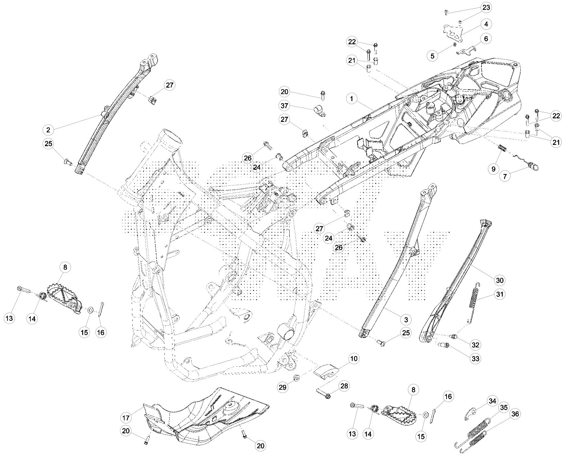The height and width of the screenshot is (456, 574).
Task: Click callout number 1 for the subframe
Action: [x=352, y=99]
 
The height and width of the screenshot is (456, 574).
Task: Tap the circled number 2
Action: [x=48, y=130]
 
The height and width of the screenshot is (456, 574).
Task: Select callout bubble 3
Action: [x=406, y=320]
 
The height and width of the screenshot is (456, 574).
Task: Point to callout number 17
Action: [x=126, y=418]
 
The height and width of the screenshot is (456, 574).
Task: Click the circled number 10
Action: [x=354, y=359]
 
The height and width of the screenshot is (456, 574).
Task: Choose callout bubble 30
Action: [x=500, y=280]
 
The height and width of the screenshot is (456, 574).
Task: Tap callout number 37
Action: [x=284, y=106]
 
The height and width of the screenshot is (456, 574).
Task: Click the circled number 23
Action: [x=486, y=7]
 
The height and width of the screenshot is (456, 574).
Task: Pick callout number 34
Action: [x=492, y=401]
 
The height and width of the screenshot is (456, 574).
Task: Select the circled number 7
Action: [x=505, y=176]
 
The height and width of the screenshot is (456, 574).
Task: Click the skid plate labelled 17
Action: [x=207, y=417]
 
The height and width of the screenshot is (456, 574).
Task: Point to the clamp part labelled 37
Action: [x=319, y=110]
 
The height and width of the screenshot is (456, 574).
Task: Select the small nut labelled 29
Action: [x=296, y=377]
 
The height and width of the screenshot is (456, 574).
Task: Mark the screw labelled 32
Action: [x=454, y=337]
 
